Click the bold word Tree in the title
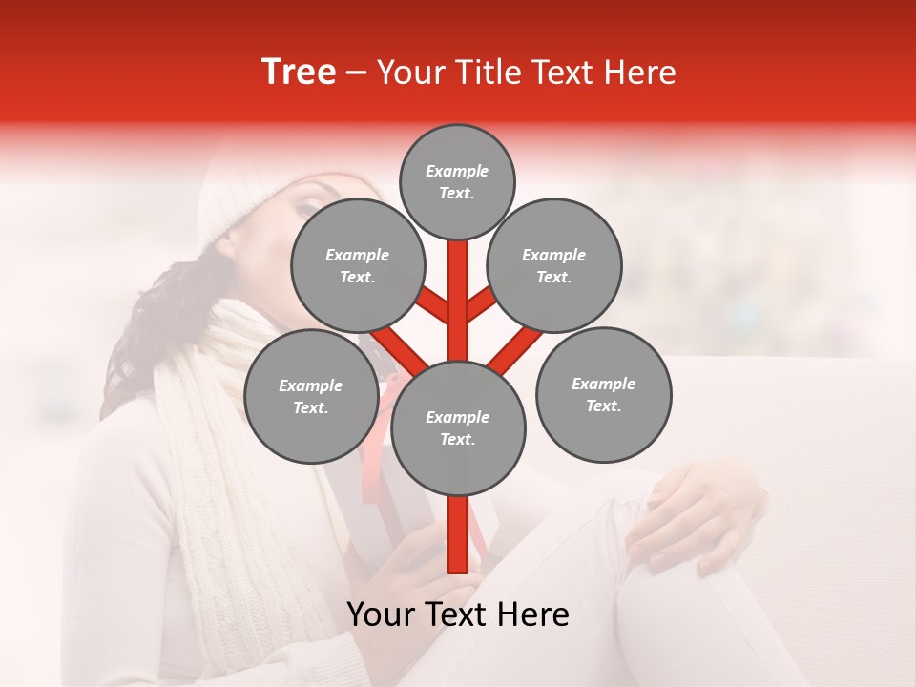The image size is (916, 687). [299, 73]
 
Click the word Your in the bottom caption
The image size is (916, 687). [382, 614]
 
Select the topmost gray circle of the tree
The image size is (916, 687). [457, 181]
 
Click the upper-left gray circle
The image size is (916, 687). [357, 265]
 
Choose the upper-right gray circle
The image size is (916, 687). [554, 265]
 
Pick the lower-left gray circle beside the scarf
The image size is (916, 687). [310, 396]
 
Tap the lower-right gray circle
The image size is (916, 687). [603, 394]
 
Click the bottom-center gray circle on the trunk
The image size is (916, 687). [458, 427]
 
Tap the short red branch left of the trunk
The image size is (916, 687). [433, 306]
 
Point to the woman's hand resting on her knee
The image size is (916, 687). [697, 520]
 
